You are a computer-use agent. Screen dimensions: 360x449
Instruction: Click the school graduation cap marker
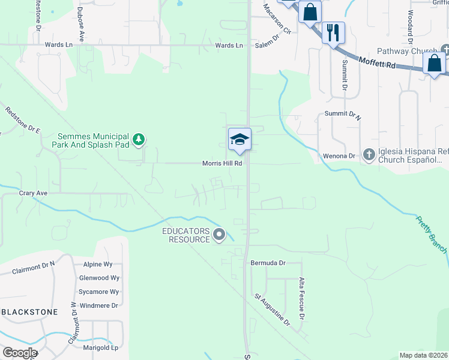240,139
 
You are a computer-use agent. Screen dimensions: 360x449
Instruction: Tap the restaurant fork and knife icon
333,31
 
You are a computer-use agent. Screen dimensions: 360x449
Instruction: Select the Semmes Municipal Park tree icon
139,140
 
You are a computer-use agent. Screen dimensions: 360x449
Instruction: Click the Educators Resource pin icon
219,235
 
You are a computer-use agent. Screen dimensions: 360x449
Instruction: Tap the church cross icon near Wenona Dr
369,155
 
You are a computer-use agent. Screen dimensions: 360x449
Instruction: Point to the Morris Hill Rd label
222,163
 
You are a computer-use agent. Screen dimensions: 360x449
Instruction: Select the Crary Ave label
33,193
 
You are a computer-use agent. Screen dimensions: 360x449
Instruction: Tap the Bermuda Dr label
268,263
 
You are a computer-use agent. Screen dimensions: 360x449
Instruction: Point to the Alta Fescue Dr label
301,299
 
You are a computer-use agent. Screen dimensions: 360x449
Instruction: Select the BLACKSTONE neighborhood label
30,312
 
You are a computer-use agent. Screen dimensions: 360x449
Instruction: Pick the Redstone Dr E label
23,121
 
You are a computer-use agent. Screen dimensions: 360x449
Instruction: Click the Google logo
20,353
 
